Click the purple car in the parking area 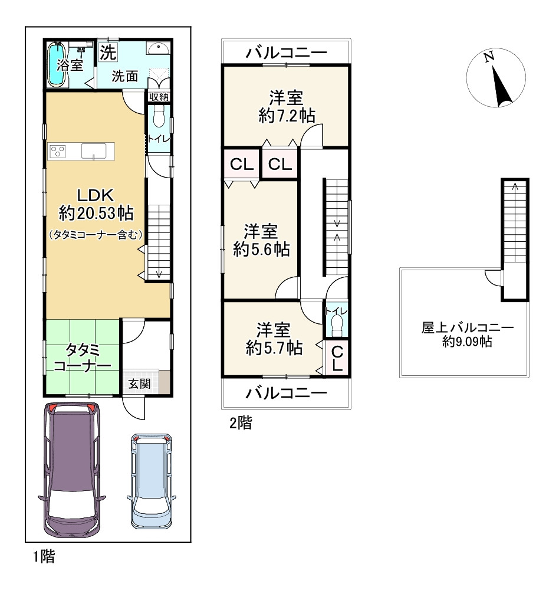coord(71,470)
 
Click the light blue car coord(152,481)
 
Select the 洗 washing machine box coord(107,51)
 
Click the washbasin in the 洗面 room coord(159,48)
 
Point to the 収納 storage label coord(159,97)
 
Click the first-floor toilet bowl coord(159,116)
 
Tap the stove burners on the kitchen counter coord(58,152)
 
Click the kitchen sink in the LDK coord(93,151)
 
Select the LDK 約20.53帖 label coord(96,205)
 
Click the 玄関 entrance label coord(140,384)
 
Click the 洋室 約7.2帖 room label coord(287,107)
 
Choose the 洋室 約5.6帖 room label coord(261,241)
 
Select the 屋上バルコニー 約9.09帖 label coord(467,334)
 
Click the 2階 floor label coord(241,423)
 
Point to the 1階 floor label coord(44,556)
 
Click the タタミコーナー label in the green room coord(83,358)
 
